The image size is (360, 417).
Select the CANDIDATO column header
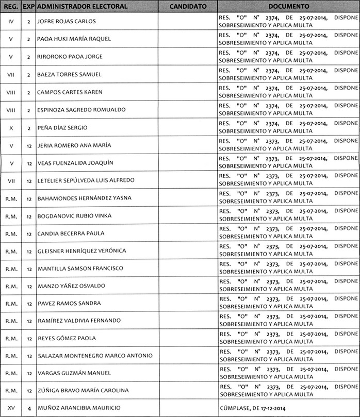188,7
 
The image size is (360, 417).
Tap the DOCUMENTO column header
289,7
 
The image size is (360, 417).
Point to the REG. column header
11,7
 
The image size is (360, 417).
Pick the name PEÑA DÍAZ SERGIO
62,127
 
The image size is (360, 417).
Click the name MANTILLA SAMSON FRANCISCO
80,269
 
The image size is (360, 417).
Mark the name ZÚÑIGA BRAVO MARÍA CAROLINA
83,390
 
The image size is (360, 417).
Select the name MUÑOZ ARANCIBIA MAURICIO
79,408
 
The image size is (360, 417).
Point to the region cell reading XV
11,408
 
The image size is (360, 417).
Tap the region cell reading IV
11,22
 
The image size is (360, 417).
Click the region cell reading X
11,127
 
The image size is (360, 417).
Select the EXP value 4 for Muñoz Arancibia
29,408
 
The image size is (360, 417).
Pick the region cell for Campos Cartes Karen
11,92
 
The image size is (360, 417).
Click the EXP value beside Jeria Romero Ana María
29,145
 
